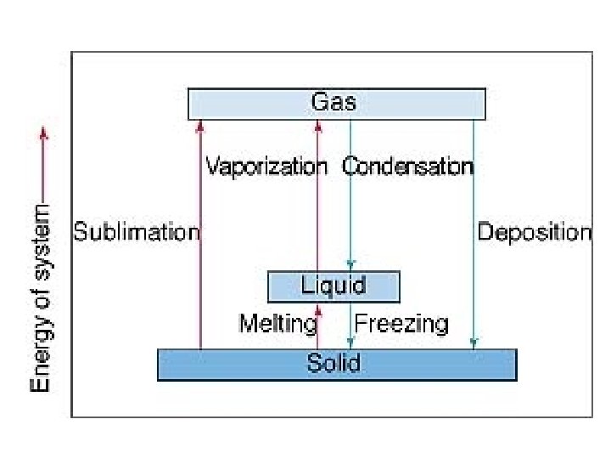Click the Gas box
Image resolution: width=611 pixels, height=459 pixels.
click(x=336, y=104)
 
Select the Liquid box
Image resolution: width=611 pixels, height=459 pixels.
click(x=334, y=286)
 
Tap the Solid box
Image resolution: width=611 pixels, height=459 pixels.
click(x=336, y=364)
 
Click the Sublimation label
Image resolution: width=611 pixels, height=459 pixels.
click(x=137, y=231)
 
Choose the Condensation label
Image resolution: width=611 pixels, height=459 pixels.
click(x=407, y=166)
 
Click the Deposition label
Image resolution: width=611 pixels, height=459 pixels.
click(x=534, y=231)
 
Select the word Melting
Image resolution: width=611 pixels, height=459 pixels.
click(x=277, y=324)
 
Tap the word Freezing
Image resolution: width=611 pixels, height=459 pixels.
click(x=401, y=324)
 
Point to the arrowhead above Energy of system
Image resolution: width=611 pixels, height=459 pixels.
click(x=44, y=132)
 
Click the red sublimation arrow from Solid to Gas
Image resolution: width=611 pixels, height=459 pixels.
click(x=200, y=238)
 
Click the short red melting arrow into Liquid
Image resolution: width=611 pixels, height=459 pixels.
click(x=318, y=326)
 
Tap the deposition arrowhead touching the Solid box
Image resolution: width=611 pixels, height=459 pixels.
click(x=474, y=344)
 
